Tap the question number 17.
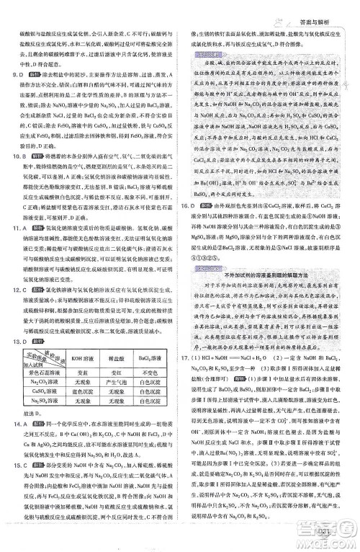(x=193, y=357)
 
